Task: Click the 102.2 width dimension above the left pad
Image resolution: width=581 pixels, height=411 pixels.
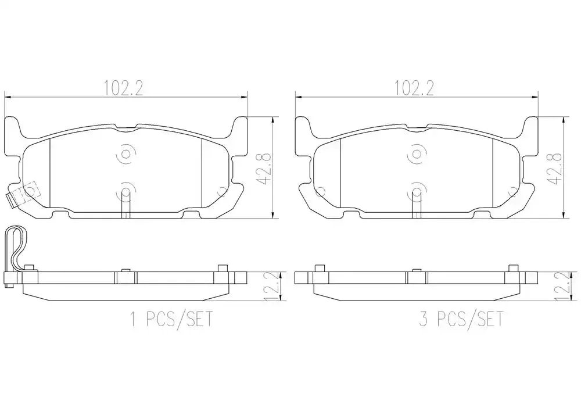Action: coord(123,88)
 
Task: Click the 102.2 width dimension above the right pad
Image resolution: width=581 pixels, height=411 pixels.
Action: coord(414,88)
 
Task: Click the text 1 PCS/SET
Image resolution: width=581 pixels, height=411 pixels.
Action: coord(171,319)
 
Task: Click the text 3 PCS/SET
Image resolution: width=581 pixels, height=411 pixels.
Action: coord(461,319)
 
